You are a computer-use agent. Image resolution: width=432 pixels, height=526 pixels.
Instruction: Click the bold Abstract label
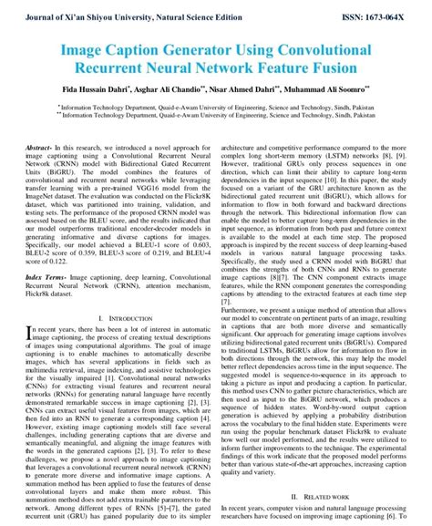coord(39,147)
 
